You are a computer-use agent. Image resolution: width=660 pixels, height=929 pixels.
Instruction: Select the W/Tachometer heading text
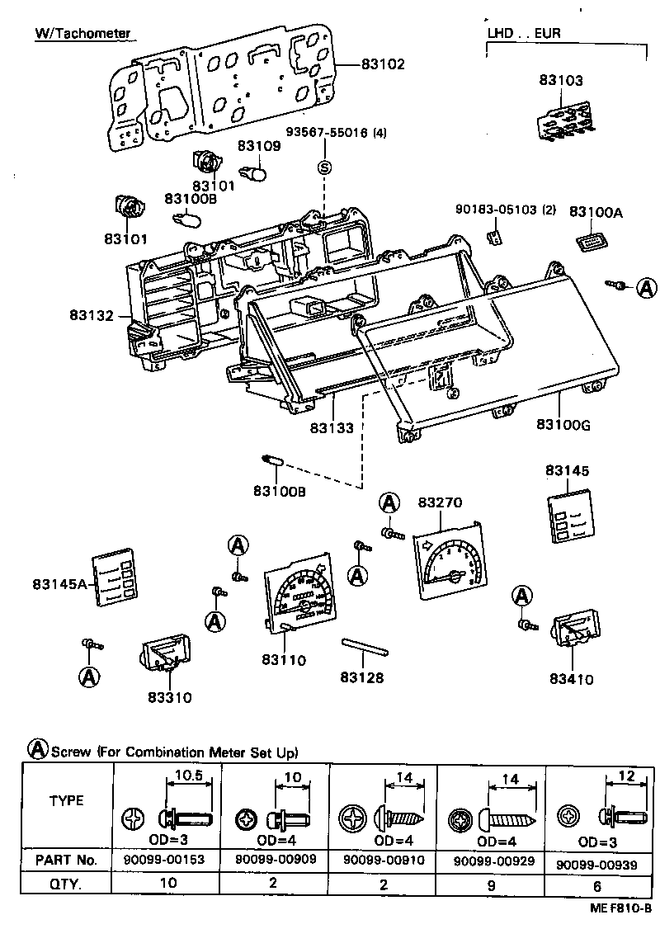pyautogui.click(x=82, y=34)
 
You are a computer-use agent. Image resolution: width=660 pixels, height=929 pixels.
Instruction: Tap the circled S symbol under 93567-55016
pyautogui.click(x=324, y=167)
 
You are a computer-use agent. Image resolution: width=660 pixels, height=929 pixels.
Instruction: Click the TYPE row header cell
pyautogui.click(x=66, y=801)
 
